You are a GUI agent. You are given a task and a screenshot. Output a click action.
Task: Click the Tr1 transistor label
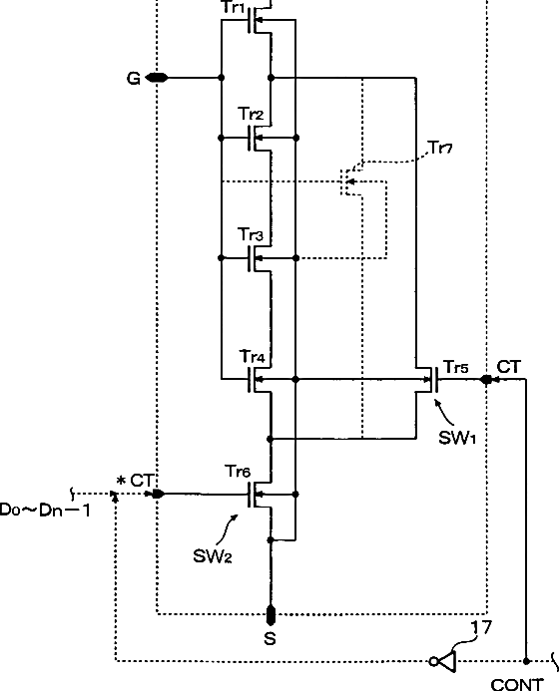(232, 8)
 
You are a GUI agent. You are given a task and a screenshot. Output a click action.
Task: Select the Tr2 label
(251, 114)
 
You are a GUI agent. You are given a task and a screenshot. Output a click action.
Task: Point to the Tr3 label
(251, 234)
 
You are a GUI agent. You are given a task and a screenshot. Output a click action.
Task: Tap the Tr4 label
(253, 356)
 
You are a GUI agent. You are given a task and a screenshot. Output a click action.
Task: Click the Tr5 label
(456, 367)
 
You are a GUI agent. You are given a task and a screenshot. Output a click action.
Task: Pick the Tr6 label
(239, 472)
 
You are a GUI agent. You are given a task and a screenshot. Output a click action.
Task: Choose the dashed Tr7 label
(440, 148)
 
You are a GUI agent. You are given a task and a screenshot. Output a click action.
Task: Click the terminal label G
(133, 79)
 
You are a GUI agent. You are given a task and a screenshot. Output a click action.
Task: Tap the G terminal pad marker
(157, 78)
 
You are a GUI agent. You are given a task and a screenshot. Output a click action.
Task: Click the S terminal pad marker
(271, 615)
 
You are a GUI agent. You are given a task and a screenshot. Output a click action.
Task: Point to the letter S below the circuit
(270, 638)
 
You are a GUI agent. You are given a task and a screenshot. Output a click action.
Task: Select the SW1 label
(457, 438)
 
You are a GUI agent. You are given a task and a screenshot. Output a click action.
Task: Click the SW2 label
(213, 556)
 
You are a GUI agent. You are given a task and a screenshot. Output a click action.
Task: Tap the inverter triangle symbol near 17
(446, 661)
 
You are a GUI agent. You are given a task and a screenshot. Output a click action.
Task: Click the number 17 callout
(481, 627)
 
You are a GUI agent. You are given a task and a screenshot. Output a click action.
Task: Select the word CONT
(517, 684)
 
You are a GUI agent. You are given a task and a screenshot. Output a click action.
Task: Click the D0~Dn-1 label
(45, 511)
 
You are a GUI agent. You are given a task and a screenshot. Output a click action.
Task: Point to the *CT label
(135, 481)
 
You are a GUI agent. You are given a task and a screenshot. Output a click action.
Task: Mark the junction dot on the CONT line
(526, 661)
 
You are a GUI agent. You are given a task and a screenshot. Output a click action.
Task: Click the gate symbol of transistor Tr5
(434, 380)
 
